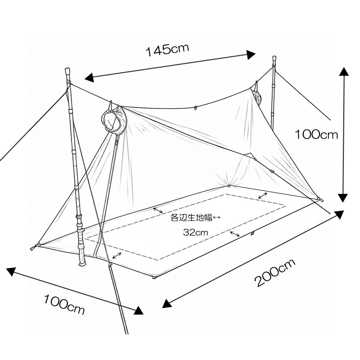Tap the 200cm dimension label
coord(275,273)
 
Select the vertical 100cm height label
coord(316,134)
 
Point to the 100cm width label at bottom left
coord(64,305)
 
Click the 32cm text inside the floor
coord(195,233)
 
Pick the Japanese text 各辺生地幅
coord(191,217)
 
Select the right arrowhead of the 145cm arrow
coord(251,54)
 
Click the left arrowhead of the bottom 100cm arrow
coord(12,272)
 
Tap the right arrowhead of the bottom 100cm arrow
coord(139,310)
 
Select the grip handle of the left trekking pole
coord(81,247)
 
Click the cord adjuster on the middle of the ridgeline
coord(195,107)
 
